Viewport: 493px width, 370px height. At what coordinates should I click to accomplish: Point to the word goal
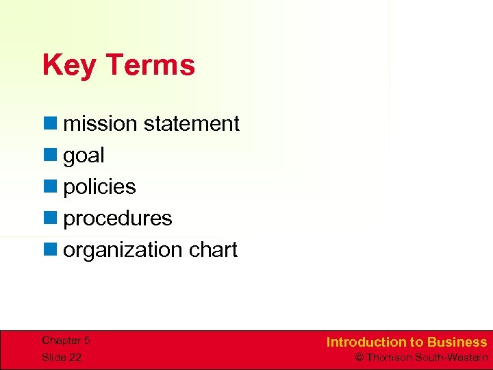[84, 156]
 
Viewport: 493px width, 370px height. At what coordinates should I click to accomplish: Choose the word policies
[99, 187]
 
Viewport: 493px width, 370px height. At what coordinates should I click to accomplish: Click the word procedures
[118, 219]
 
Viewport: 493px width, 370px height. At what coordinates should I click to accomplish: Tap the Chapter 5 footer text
[66, 341]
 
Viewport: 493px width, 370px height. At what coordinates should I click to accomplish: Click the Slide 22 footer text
[62, 357]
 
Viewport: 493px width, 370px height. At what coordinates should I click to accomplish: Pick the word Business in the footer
[457, 342]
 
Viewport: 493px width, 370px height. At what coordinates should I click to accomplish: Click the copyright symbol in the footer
[359, 357]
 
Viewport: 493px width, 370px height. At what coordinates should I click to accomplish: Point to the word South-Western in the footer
[453, 357]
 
